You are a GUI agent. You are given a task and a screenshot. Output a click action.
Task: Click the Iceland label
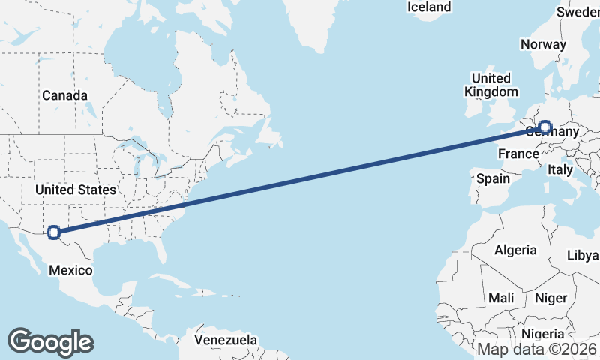(429, 7)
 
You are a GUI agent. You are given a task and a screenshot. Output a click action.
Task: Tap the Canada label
(64, 96)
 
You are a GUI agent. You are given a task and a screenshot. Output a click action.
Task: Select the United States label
(76, 190)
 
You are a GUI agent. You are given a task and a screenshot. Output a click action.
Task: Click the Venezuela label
(225, 340)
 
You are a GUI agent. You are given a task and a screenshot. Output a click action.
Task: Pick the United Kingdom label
(490, 85)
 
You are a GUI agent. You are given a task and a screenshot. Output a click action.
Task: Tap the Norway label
(543, 44)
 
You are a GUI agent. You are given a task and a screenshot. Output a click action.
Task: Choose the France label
(518, 154)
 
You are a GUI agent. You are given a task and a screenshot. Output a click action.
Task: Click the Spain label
(493, 179)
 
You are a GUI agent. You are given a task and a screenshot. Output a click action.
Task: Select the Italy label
(560, 170)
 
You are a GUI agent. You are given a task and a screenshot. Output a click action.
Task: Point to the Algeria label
(515, 250)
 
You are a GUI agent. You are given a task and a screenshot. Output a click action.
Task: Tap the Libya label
(583, 255)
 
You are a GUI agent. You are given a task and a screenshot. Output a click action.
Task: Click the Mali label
(501, 298)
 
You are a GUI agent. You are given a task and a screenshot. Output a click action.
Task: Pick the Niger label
(550, 298)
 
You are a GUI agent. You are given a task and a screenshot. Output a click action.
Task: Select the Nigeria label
(541, 334)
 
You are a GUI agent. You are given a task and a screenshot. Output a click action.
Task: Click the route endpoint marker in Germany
(545, 128)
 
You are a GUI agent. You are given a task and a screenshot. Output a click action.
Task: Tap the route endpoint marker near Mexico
(54, 232)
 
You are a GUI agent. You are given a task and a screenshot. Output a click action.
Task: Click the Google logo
(50, 341)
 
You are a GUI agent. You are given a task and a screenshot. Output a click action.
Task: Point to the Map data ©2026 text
(537, 349)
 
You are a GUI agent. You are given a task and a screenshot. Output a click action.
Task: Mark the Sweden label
(579, 12)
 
